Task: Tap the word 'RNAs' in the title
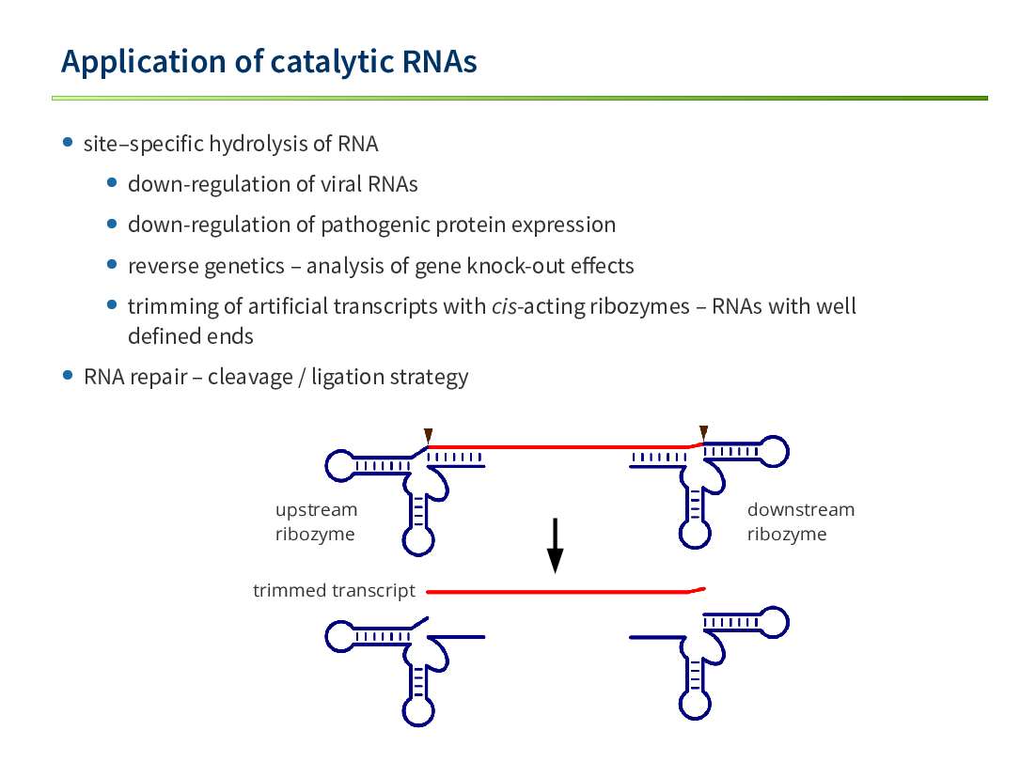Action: [x=439, y=61]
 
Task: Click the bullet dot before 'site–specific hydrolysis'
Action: [x=68, y=142]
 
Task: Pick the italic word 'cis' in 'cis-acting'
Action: [x=504, y=307]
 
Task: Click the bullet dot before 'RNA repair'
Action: [x=68, y=375]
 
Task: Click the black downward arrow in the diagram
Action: [x=555, y=545]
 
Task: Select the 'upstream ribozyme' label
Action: [x=317, y=521]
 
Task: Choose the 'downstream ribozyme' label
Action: [x=801, y=521]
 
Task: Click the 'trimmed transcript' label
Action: [x=335, y=590]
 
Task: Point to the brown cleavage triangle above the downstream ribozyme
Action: [x=703, y=433]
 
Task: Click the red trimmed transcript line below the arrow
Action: [x=566, y=592]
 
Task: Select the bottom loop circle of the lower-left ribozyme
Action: [x=418, y=711]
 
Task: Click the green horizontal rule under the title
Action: [x=520, y=99]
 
